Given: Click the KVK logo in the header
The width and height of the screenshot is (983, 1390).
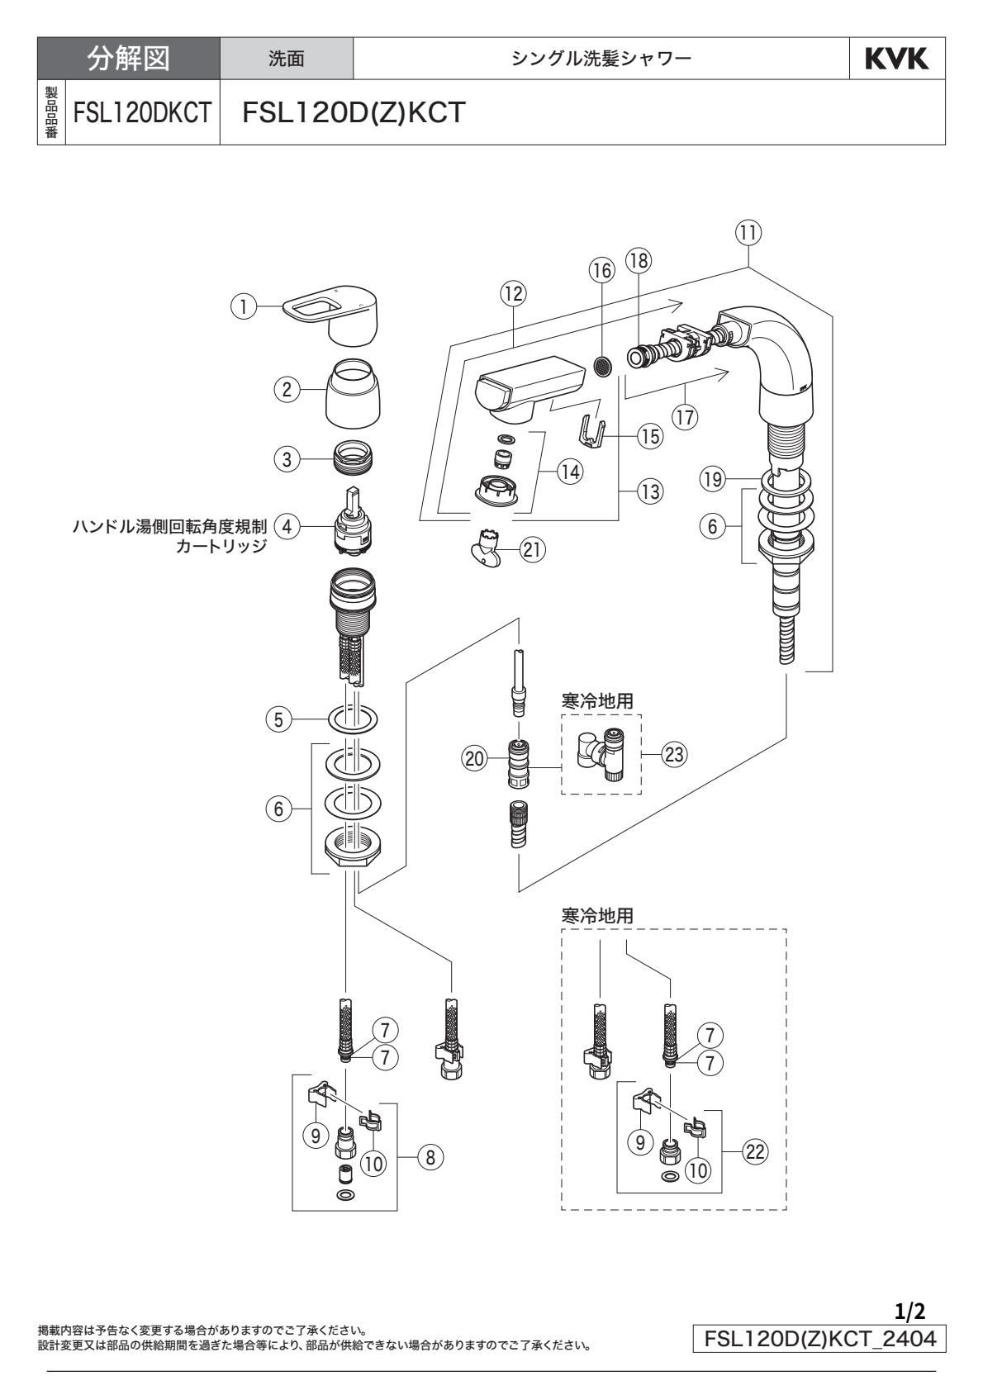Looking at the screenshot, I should click(897, 59).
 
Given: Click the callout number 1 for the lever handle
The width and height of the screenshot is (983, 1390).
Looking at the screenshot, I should click(243, 306).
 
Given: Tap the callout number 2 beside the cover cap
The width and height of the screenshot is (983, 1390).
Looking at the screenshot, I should click(287, 391).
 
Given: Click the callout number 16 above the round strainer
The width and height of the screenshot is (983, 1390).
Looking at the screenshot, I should click(601, 270).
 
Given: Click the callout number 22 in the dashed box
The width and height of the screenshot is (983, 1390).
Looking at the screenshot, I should click(755, 1153).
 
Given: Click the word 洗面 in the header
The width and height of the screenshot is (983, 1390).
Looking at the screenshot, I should click(287, 59).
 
